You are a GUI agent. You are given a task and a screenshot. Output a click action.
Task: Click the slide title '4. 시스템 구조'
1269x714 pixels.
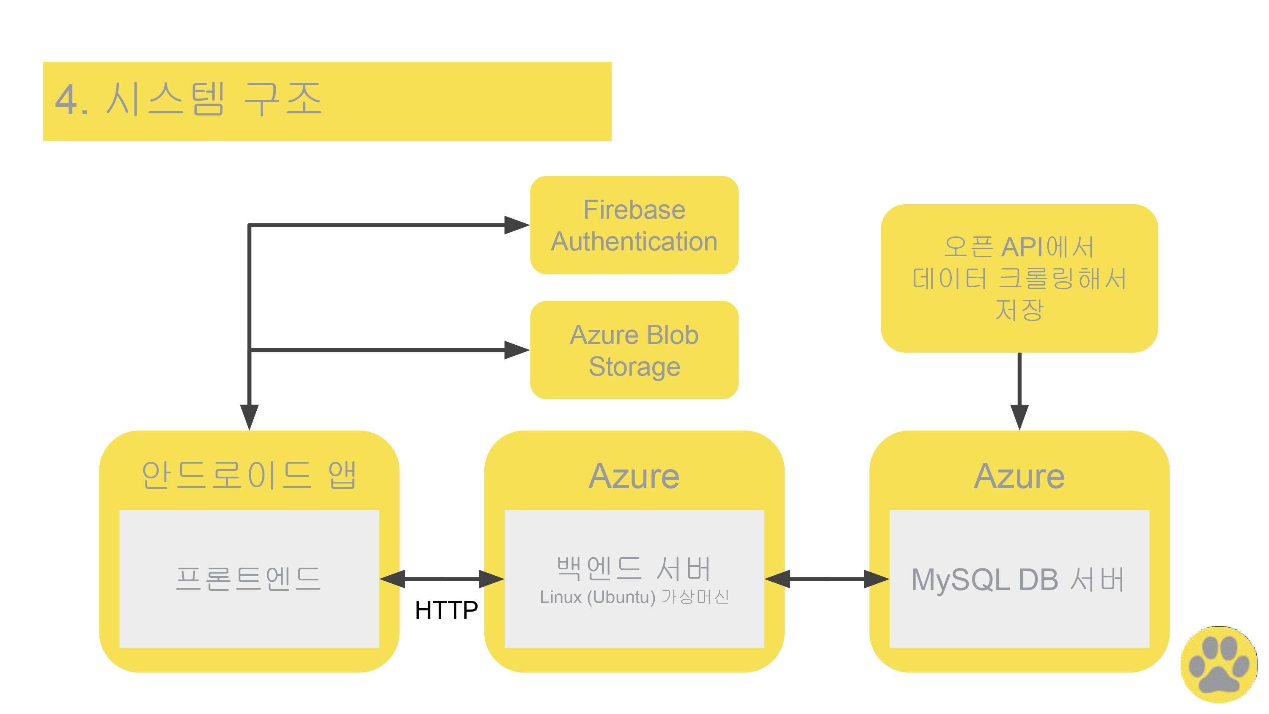pyautogui.click(x=189, y=100)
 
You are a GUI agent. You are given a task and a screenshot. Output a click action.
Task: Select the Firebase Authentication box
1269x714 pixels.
pyautogui.click(x=634, y=225)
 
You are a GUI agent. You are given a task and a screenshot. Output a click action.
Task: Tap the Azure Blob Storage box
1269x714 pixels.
pyautogui.click(x=634, y=350)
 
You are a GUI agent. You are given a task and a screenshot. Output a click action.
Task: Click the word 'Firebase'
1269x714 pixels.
pyautogui.click(x=634, y=210)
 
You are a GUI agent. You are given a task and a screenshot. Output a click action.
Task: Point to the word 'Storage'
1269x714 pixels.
pyautogui.click(x=634, y=367)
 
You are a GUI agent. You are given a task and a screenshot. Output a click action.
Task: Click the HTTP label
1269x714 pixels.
pyautogui.click(x=446, y=610)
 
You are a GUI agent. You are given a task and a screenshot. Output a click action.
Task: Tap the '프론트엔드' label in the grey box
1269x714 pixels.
pyautogui.click(x=249, y=579)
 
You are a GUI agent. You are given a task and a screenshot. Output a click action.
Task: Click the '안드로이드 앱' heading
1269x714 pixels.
pyautogui.click(x=249, y=475)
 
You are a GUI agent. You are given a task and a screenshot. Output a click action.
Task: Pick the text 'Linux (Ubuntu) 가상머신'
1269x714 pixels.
pyautogui.click(x=634, y=597)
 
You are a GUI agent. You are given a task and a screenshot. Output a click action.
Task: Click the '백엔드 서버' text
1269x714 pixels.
pyautogui.click(x=634, y=568)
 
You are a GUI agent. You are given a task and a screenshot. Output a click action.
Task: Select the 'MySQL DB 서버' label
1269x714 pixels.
pyautogui.click(x=1018, y=579)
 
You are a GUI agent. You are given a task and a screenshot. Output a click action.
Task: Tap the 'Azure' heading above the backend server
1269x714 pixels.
pyautogui.click(x=634, y=476)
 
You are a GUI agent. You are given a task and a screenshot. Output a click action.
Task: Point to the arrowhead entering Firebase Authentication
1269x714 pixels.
pyautogui.click(x=516, y=225)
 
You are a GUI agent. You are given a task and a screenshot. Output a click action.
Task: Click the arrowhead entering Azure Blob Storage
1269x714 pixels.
pyautogui.click(x=516, y=350)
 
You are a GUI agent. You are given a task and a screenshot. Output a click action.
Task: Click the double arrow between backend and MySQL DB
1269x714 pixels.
pyautogui.click(x=827, y=579)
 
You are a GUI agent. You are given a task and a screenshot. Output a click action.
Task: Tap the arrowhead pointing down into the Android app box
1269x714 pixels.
pyautogui.click(x=249, y=416)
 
